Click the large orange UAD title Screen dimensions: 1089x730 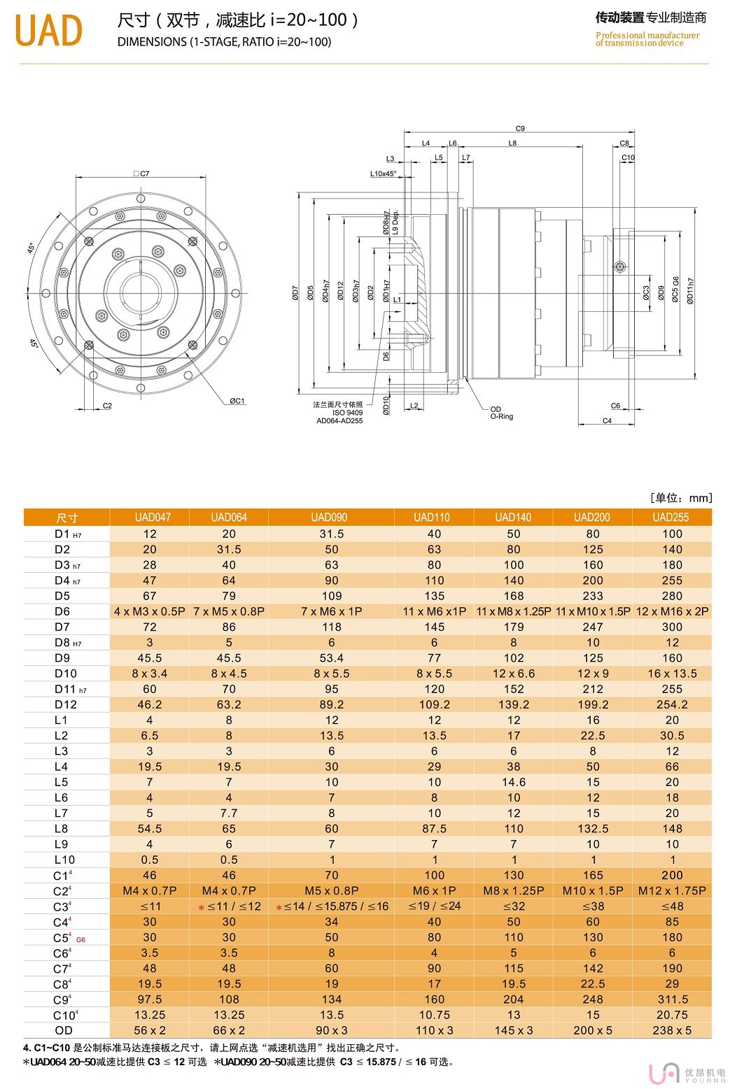point(48,30)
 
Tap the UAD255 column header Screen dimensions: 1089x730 point(671,518)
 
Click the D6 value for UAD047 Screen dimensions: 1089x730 point(149,611)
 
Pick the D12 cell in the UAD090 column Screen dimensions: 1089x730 point(331,704)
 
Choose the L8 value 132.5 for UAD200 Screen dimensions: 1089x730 point(592,829)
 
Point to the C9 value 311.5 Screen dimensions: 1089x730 point(672,999)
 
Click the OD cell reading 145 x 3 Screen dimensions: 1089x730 point(513,1030)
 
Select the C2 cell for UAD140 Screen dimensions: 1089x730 point(513,891)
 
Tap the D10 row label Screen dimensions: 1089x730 point(66,674)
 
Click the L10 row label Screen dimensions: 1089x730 point(64,860)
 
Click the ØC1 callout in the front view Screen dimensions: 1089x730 point(237,401)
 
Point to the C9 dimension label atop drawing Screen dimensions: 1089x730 point(519,129)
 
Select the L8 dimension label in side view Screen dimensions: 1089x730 point(512,143)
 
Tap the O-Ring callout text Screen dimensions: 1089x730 point(501,417)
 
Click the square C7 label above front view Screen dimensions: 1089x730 point(142,173)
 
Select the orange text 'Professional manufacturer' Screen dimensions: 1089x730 point(647,35)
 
